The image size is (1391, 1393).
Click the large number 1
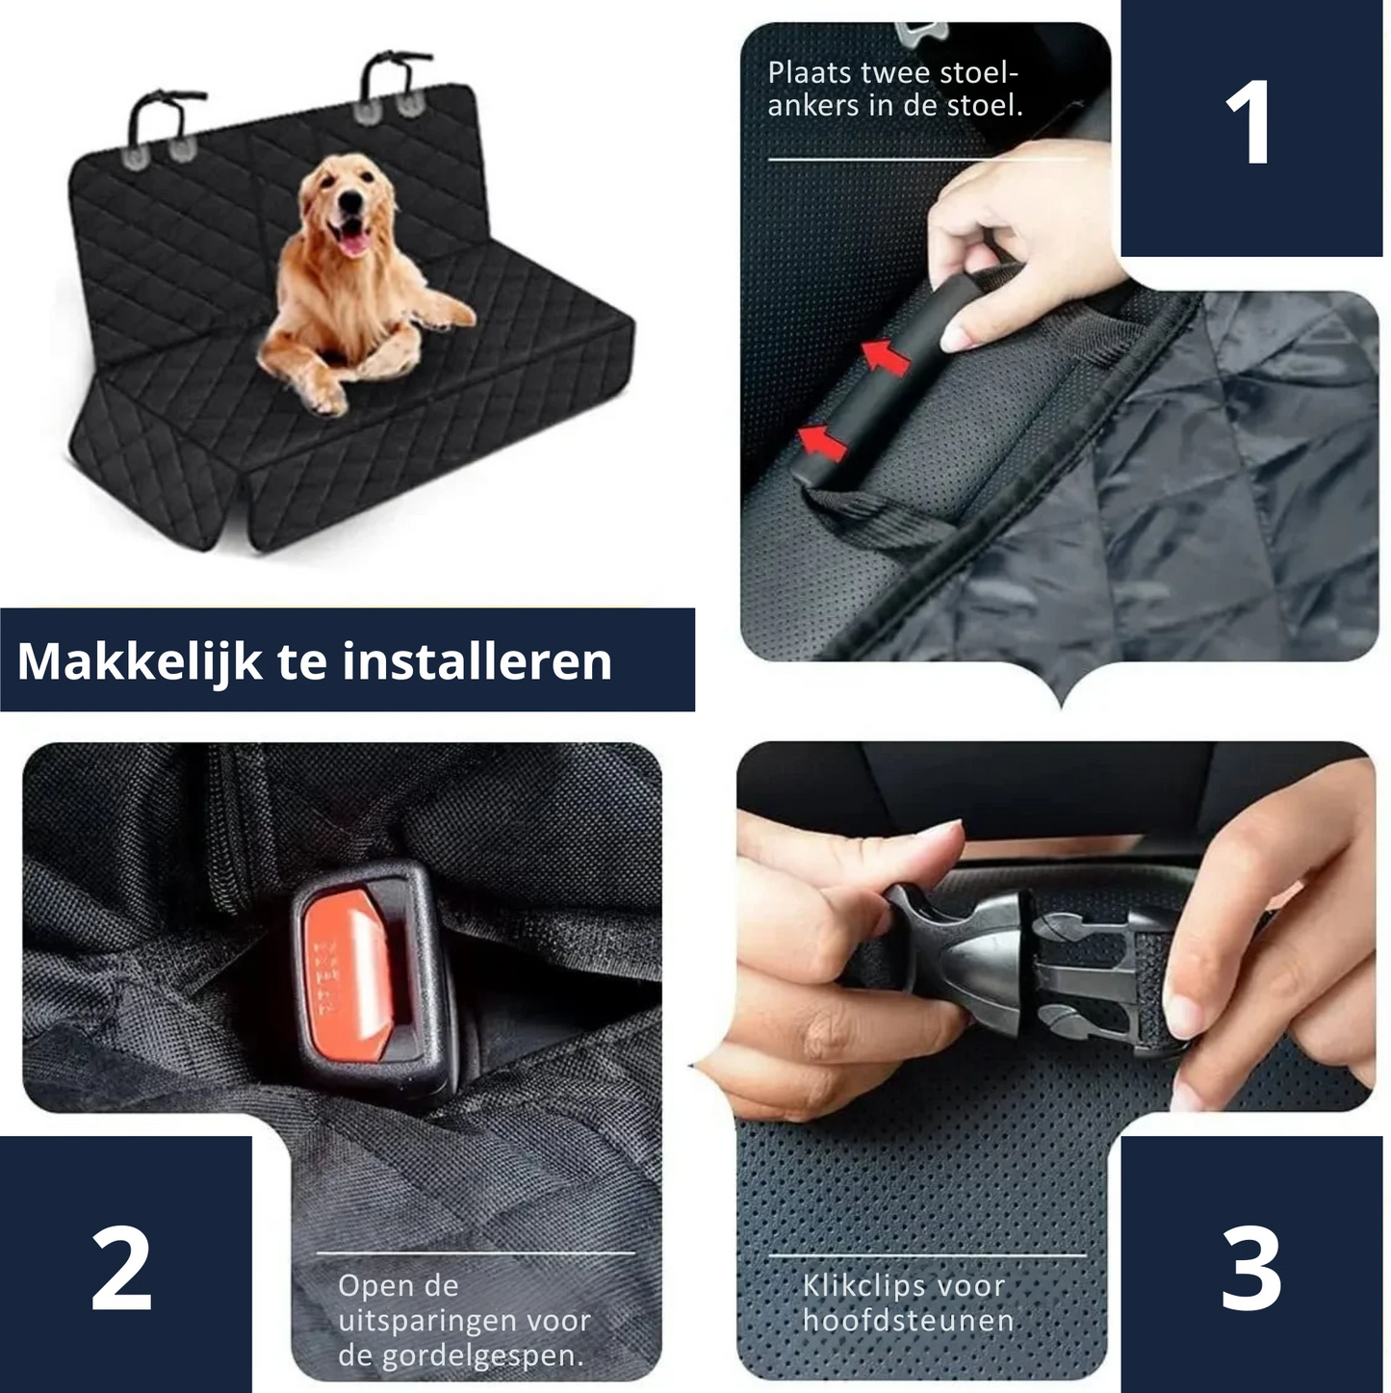click(x=1250, y=123)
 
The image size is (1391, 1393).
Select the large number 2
click(x=122, y=1268)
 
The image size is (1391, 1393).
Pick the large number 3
click(x=1250, y=1268)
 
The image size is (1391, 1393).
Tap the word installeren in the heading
click(x=477, y=661)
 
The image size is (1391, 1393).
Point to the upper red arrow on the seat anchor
click(x=886, y=356)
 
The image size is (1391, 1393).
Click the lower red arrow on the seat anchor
click(x=822, y=443)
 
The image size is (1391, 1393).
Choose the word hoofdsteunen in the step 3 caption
click(x=908, y=1320)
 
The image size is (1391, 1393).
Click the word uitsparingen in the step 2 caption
click(x=424, y=1321)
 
